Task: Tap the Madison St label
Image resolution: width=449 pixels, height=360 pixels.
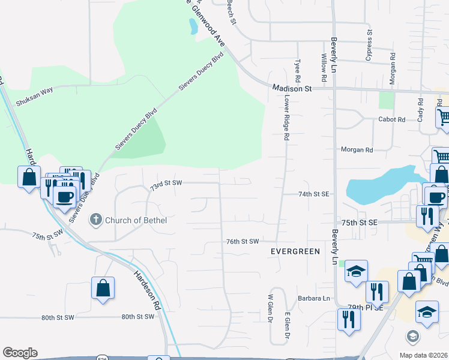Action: click(292, 88)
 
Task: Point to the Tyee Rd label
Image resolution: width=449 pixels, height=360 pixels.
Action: click(297, 71)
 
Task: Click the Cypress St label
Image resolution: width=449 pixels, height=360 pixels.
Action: click(369, 46)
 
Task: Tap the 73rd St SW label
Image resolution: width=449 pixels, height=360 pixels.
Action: click(166, 184)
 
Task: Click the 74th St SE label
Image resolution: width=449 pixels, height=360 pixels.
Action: click(314, 194)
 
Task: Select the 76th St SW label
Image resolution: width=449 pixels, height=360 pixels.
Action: click(242, 241)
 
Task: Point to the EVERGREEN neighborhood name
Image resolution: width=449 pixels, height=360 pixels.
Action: click(295, 251)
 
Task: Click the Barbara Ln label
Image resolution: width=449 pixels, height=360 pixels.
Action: click(314, 298)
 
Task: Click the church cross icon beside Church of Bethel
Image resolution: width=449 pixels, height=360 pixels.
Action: click(95, 220)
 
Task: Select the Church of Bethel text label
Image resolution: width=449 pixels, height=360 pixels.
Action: click(136, 220)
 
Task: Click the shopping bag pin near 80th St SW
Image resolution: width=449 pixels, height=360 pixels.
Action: click(103, 287)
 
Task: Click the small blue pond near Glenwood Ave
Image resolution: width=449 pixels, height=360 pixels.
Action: click(193, 26)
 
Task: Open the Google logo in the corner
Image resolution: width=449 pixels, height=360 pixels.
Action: click(20, 353)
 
